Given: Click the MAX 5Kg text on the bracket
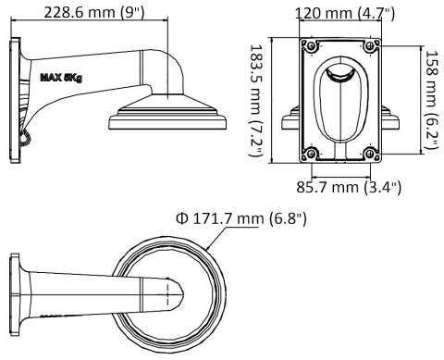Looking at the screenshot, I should tap(62, 79).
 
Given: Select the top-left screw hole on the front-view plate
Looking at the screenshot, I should tap(312, 43).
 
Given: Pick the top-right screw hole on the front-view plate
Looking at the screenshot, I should tap(370, 43).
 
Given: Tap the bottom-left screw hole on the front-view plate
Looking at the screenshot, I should tap(312, 153).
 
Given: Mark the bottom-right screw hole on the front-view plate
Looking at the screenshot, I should tap(370, 153).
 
